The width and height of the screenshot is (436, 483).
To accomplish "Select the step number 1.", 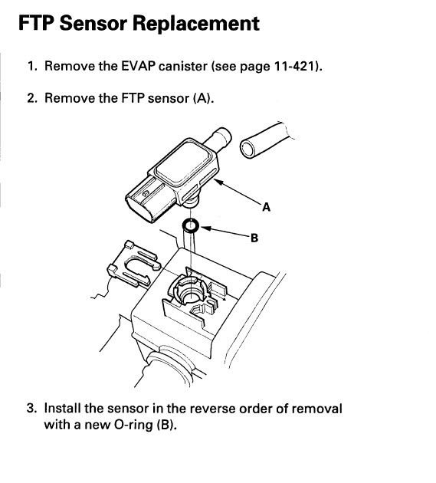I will (32, 66).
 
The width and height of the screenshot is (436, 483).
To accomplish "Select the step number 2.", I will (32, 98).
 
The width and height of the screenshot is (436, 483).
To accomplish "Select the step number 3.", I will (32, 408).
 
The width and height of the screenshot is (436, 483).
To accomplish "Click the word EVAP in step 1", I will (133, 66).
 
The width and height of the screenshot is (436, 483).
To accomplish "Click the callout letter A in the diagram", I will (266, 206).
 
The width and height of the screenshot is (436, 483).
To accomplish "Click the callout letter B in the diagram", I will (254, 238).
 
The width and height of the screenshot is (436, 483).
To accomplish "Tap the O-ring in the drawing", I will (191, 226).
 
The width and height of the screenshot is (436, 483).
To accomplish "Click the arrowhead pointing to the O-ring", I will (205, 227).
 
